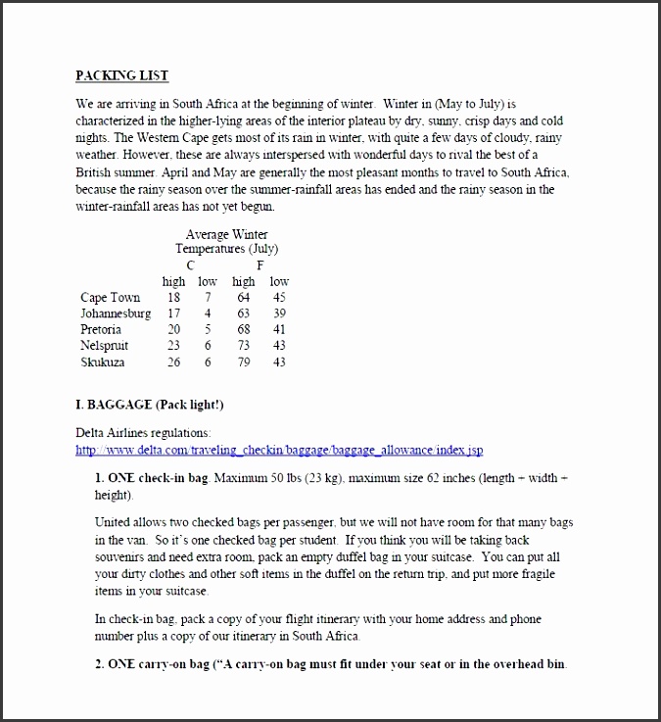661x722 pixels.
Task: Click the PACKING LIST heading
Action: pos(121,75)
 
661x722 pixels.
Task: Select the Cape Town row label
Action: pos(110,298)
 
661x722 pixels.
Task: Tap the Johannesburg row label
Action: pos(116,313)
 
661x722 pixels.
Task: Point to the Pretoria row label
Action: pos(101,330)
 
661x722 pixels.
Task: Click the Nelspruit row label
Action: pos(104,346)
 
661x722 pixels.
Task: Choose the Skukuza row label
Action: pos(103,361)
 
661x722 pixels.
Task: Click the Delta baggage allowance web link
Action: pos(279,451)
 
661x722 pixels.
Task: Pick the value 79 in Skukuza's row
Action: pos(243,361)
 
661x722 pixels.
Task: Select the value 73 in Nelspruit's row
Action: pos(243,346)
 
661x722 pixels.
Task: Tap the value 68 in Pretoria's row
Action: pos(243,330)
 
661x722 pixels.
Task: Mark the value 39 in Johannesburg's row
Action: pos(279,313)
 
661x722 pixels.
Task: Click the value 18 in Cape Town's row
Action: pos(173,298)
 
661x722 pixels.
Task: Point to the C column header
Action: pos(190,265)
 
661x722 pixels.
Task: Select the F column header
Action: pos(260,265)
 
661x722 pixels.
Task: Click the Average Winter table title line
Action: pos(226,235)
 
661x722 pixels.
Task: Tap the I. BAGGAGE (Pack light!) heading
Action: pos(155,405)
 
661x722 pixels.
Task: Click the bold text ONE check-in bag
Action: pos(152,478)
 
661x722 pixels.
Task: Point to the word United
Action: pos(114,524)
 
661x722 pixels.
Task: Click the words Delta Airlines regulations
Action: pos(143,433)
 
